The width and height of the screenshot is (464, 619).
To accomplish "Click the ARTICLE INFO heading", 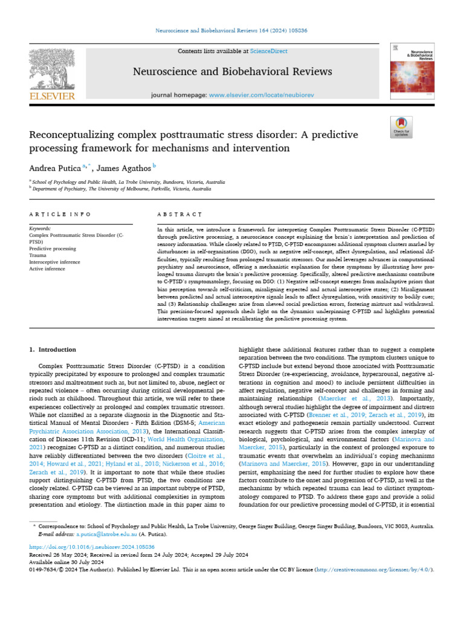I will click(60, 215).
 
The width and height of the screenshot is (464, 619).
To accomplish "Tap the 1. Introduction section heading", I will click(53, 349).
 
